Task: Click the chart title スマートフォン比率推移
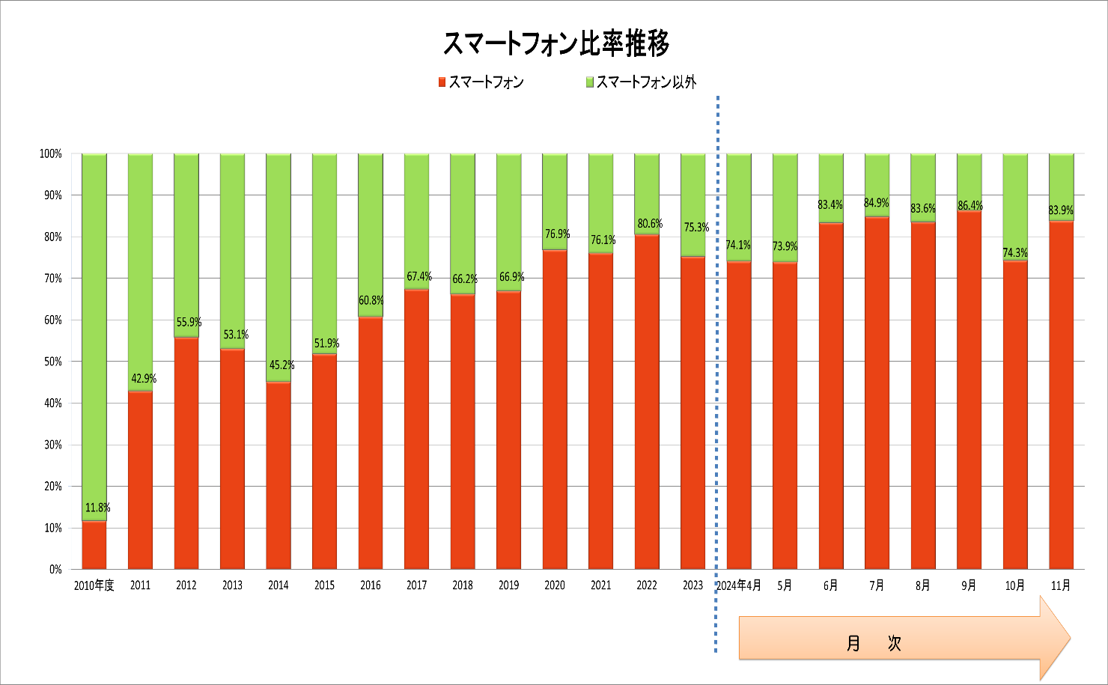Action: pos(555,44)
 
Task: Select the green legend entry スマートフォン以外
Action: pos(645,82)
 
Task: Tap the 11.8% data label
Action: pos(97,508)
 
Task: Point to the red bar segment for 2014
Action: pos(278,475)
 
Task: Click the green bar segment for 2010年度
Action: pos(94,337)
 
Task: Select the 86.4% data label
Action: pos(970,206)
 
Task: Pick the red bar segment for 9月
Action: pos(969,389)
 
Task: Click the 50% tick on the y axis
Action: pos(52,362)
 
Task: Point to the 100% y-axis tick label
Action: pos(50,154)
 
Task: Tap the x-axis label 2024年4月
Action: pos(739,585)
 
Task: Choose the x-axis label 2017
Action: pos(416,585)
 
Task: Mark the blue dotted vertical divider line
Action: pos(717,374)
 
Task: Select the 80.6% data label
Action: pos(650,224)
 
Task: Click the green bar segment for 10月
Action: pos(1015,202)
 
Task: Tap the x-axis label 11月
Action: pos(1061,585)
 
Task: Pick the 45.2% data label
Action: pos(281,365)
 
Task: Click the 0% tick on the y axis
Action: pos(55,570)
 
